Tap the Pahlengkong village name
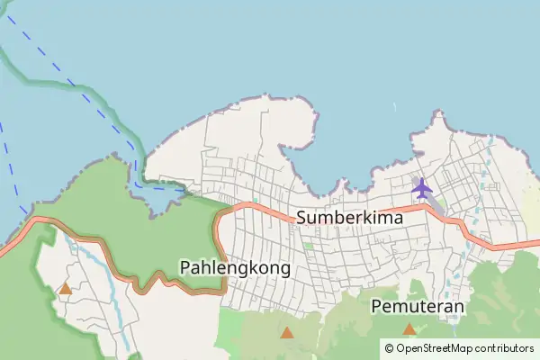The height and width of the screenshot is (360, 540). tap(235, 267)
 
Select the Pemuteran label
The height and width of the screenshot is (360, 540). tap(418, 306)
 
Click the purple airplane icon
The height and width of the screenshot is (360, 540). tap(421, 188)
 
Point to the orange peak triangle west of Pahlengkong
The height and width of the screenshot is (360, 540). tap(65, 289)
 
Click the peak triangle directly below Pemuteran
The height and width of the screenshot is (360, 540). tap(409, 329)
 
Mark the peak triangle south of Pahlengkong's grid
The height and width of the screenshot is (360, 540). tap(286, 333)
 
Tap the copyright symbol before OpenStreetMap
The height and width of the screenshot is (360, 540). tap(389, 347)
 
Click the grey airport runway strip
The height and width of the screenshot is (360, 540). tap(434, 203)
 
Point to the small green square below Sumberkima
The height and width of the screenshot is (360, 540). tap(309, 245)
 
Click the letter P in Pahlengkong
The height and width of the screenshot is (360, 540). tap(185, 267)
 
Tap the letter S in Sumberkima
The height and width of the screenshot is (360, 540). tap(301, 217)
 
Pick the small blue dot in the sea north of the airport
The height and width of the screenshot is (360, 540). tap(394, 107)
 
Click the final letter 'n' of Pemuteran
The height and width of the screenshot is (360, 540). tap(459, 306)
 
